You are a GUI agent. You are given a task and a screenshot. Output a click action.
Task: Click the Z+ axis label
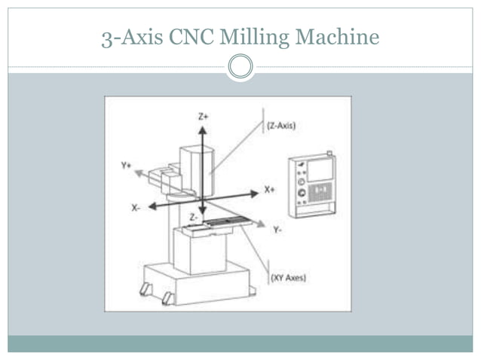tap(203, 117)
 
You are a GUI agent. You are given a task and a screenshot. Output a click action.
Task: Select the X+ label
tap(269, 190)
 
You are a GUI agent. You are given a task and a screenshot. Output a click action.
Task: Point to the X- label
tap(136, 208)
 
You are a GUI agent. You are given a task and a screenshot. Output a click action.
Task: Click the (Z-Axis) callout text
tap(280, 126)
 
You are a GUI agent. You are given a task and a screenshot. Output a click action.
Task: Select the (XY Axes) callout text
tap(288, 278)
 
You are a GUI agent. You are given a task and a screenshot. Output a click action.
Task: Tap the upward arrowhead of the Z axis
tap(202, 129)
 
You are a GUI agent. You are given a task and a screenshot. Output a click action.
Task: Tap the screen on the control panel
tap(320, 170)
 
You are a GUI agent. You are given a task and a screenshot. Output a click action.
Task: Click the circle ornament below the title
tap(240, 67)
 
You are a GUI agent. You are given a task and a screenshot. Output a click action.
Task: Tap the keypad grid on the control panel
tap(320, 193)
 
